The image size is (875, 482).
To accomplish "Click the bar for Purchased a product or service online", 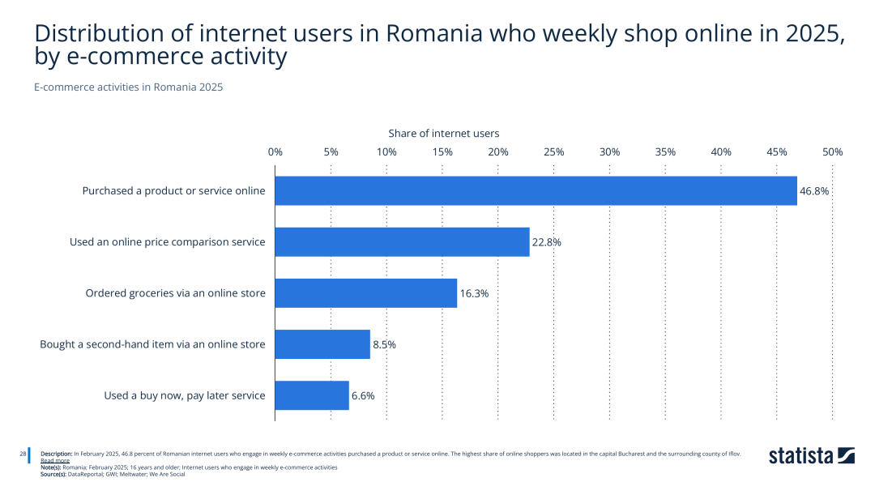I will pos(536,191).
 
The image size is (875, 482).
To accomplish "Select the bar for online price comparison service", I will pos(402,242).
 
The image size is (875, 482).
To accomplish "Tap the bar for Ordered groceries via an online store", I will pos(365,293).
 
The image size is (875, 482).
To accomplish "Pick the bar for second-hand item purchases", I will pos(322,344).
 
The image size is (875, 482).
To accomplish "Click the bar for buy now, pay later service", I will pos(312,395).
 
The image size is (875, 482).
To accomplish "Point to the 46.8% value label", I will pos(814,191).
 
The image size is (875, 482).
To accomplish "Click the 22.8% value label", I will pos(547,242).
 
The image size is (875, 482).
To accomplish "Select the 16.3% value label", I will pos(474,293).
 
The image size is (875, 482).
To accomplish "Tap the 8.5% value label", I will pos(384,344).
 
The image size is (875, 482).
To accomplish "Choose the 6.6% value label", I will pos(363,395).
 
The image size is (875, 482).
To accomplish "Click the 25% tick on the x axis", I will pos(554,152).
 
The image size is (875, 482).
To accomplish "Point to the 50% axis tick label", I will pos(832,152).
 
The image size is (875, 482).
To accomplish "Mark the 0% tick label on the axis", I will pos(275,152).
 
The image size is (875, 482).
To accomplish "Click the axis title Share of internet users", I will pos(444,133).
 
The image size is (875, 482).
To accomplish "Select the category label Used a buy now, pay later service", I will pos(185,395).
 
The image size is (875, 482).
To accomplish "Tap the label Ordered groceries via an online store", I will pos(176,293).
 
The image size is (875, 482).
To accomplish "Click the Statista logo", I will pos(811,455).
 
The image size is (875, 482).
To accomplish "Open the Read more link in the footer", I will pos(55,460).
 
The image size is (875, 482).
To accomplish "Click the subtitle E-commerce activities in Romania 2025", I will pos(128,87).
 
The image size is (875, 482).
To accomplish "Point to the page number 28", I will pos(23,454).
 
